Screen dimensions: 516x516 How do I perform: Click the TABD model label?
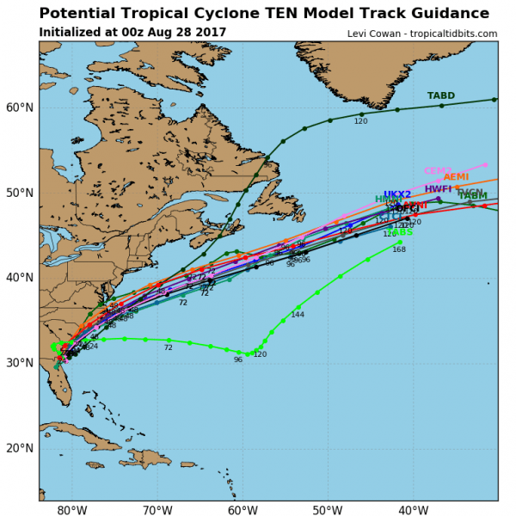[441, 95]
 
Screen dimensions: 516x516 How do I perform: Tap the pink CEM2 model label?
[438, 171]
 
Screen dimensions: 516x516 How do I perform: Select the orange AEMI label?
[456, 177]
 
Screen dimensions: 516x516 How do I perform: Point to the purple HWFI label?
[438, 189]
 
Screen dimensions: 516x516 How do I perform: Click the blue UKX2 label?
[397, 195]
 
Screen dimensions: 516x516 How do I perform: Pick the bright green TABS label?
[401, 232]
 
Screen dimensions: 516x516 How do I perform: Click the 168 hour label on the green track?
[399, 249]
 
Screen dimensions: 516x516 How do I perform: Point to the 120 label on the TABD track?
[360, 122]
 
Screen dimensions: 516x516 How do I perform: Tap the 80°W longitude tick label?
[72, 509]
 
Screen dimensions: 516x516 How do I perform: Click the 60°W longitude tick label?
[243, 509]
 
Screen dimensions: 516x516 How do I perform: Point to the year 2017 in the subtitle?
[210, 33]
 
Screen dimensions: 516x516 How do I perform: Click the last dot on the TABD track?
[494, 100]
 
